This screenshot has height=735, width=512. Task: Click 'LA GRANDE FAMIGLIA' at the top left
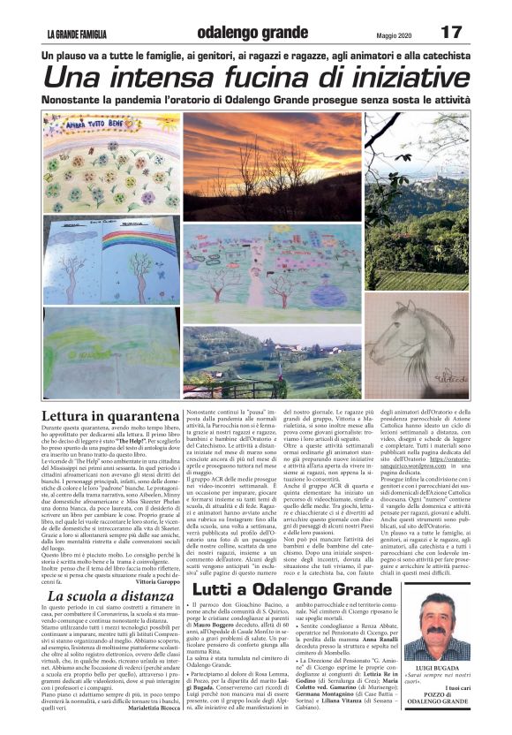[78, 34]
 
